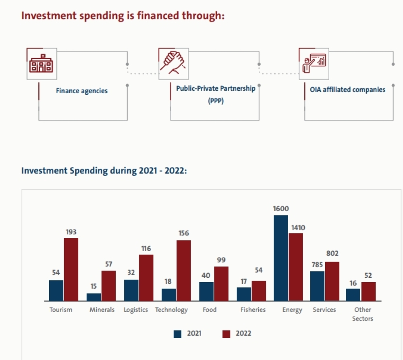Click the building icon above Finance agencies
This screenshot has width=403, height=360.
[42, 64]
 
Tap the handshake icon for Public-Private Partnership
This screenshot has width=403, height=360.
[173, 62]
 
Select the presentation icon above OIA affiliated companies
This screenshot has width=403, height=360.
[314, 63]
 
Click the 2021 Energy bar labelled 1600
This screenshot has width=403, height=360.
[281, 258]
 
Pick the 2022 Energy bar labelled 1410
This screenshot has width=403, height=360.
[296, 267]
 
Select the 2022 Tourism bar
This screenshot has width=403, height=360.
[71, 269]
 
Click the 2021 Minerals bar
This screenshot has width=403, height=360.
[93, 297]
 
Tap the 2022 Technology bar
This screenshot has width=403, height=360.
[184, 271]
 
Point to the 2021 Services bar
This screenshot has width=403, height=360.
[317, 286]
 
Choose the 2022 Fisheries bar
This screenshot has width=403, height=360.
[259, 291]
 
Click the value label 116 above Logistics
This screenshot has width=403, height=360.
[146, 249]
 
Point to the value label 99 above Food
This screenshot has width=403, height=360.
[221, 260]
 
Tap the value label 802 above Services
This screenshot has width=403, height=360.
[332, 254]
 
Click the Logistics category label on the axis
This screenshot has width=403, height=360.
[136, 310]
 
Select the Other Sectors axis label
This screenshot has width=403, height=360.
[362, 314]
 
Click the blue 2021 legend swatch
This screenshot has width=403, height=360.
[177, 334]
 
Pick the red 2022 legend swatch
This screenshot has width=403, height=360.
[226, 334]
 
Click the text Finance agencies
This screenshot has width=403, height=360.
[82, 91]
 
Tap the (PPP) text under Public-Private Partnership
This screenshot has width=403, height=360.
[216, 100]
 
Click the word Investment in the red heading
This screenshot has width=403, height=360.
[49, 16]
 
